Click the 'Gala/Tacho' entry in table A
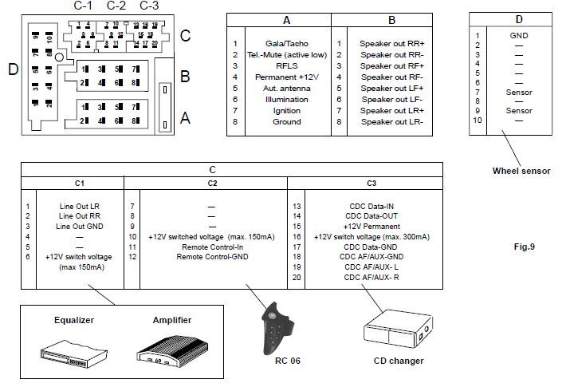[x=287, y=43]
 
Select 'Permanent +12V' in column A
[x=287, y=77]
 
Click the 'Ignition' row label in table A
[x=287, y=110]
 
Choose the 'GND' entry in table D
[x=518, y=36]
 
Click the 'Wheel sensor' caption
[x=521, y=171]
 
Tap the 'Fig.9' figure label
[x=524, y=246]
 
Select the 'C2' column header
[x=211, y=183]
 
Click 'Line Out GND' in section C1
[x=77, y=227]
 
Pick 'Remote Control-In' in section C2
[x=211, y=247]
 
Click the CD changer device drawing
[x=396, y=331]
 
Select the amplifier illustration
[x=172, y=349]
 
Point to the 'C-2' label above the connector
[x=116, y=6]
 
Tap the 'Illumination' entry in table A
[x=287, y=99]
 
